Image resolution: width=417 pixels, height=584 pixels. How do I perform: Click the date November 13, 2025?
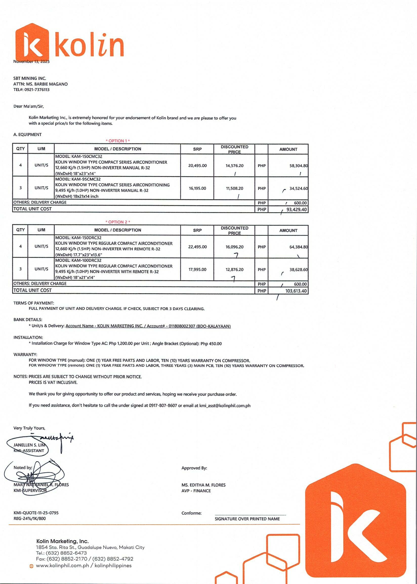[31, 61]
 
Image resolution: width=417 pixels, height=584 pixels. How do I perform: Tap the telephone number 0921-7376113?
[37, 90]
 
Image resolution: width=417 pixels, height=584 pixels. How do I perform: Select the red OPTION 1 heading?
[118, 141]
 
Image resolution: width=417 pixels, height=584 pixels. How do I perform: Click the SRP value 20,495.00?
[197, 166]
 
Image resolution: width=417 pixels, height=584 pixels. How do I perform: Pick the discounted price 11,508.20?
[234, 189]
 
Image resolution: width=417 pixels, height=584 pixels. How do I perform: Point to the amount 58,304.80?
[298, 166]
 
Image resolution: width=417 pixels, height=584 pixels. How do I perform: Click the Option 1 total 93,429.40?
[296, 210]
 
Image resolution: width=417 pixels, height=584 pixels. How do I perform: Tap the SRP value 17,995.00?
[197, 270]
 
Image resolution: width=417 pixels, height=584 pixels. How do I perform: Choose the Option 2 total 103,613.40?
[296, 291]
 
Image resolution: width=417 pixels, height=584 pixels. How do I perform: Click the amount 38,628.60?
[298, 270]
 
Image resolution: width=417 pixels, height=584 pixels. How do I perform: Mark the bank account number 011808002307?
[182, 326]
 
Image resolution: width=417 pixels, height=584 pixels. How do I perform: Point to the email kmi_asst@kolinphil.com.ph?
[225, 406]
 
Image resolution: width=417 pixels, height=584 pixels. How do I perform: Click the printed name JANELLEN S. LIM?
[29, 445]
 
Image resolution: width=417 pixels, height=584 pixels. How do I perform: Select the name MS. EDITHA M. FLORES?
[203, 485]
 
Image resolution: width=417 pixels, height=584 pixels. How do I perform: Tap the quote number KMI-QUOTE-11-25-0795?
[36, 513]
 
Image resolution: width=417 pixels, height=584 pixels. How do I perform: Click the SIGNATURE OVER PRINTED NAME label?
[247, 519]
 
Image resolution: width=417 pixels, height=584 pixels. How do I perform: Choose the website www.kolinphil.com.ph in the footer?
[62, 566]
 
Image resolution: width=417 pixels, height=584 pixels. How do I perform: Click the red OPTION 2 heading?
[118, 222]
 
